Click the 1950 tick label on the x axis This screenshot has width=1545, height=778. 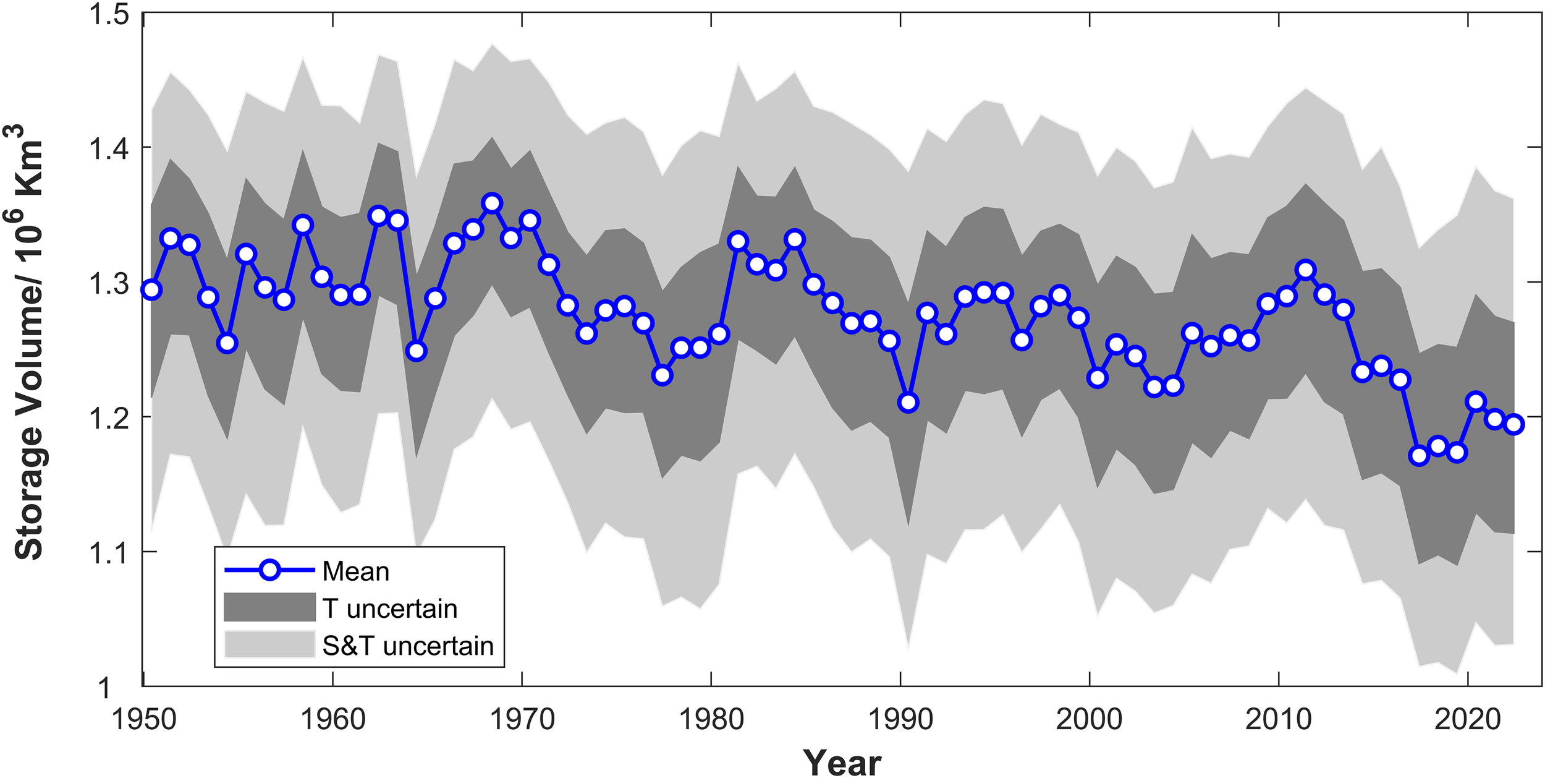tap(143, 719)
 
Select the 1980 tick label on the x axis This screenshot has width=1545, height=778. tap(711, 719)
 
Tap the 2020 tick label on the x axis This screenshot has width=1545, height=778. tap(1467, 719)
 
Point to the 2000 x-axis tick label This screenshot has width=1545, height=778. tap(1089, 719)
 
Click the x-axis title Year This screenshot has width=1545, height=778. tap(842, 762)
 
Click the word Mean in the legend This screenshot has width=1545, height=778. tap(356, 571)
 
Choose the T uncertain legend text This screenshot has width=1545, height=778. tap(390, 609)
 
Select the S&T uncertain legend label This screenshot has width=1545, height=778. tap(408, 646)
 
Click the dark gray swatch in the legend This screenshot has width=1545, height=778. tap(269, 607)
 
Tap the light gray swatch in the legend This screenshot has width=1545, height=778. tap(269, 644)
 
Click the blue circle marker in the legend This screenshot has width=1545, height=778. tap(269, 570)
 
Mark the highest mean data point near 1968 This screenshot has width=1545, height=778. tap(492, 203)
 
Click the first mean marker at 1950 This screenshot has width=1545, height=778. tap(151, 289)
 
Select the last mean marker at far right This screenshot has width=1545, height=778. tap(1514, 424)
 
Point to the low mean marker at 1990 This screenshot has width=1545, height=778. tap(908, 403)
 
